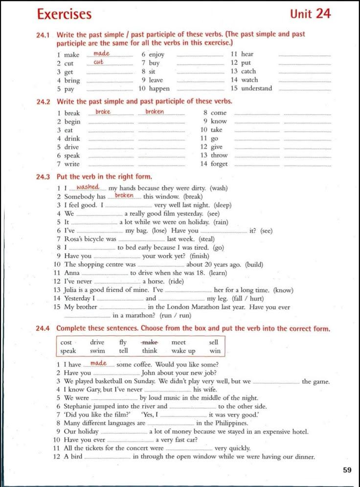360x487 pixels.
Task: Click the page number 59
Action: point(347,470)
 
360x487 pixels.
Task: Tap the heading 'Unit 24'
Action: point(310,14)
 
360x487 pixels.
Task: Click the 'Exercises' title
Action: point(64,14)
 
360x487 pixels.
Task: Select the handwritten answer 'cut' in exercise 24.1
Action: point(99,62)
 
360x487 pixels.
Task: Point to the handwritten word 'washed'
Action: point(88,187)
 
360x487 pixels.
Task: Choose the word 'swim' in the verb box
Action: point(97,351)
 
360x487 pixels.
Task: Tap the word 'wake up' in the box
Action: point(183,351)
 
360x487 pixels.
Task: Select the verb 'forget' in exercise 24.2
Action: point(219,164)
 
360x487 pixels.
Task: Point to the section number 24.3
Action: point(44,177)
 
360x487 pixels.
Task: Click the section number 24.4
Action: point(44,328)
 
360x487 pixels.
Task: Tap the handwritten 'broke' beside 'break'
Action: point(103,112)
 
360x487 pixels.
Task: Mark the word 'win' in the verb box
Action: point(215,351)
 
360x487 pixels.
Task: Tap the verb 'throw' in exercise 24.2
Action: point(220,155)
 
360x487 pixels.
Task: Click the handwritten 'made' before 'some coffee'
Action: point(98,364)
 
